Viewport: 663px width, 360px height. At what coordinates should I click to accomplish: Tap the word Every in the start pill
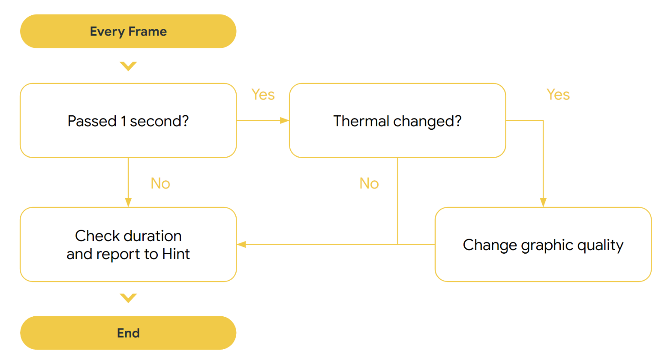tap(106, 32)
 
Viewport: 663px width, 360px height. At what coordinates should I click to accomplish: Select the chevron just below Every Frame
tap(128, 66)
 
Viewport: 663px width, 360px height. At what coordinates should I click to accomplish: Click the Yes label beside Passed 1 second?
tap(263, 95)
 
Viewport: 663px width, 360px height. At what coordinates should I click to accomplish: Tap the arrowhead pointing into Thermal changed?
tap(284, 120)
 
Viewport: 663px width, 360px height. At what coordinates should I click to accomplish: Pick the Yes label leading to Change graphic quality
tap(558, 95)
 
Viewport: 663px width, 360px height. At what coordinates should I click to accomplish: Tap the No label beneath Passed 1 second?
tap(160, 183)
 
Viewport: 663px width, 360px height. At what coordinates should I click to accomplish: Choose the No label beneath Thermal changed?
tap(369, 183)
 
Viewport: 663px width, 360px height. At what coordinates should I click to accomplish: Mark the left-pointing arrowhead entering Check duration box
tap(241, 244)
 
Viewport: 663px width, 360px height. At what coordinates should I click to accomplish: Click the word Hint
tap(176, 254)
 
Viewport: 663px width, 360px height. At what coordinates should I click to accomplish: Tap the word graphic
tap(546, 245)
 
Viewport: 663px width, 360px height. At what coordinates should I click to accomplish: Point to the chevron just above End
tap(128, 298)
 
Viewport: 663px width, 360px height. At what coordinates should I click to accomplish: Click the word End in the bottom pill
tap(128, 333)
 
